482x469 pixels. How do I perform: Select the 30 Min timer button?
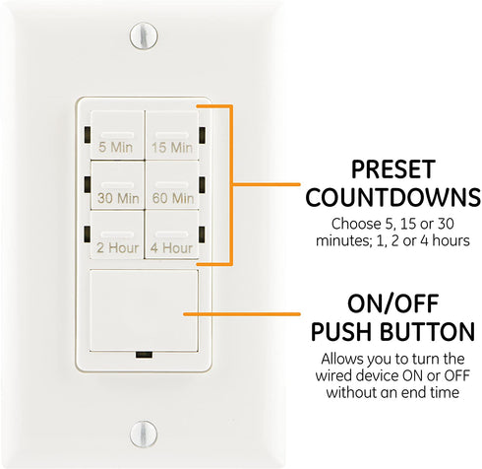(x=118, y=190)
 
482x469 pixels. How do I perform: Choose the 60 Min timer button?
(x=171, y=190)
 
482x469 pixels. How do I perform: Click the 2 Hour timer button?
(x=118, y=241)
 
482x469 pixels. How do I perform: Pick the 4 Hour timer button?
(x=171, y=241)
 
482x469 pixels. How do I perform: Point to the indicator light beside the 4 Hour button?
(x=201, y=234)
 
